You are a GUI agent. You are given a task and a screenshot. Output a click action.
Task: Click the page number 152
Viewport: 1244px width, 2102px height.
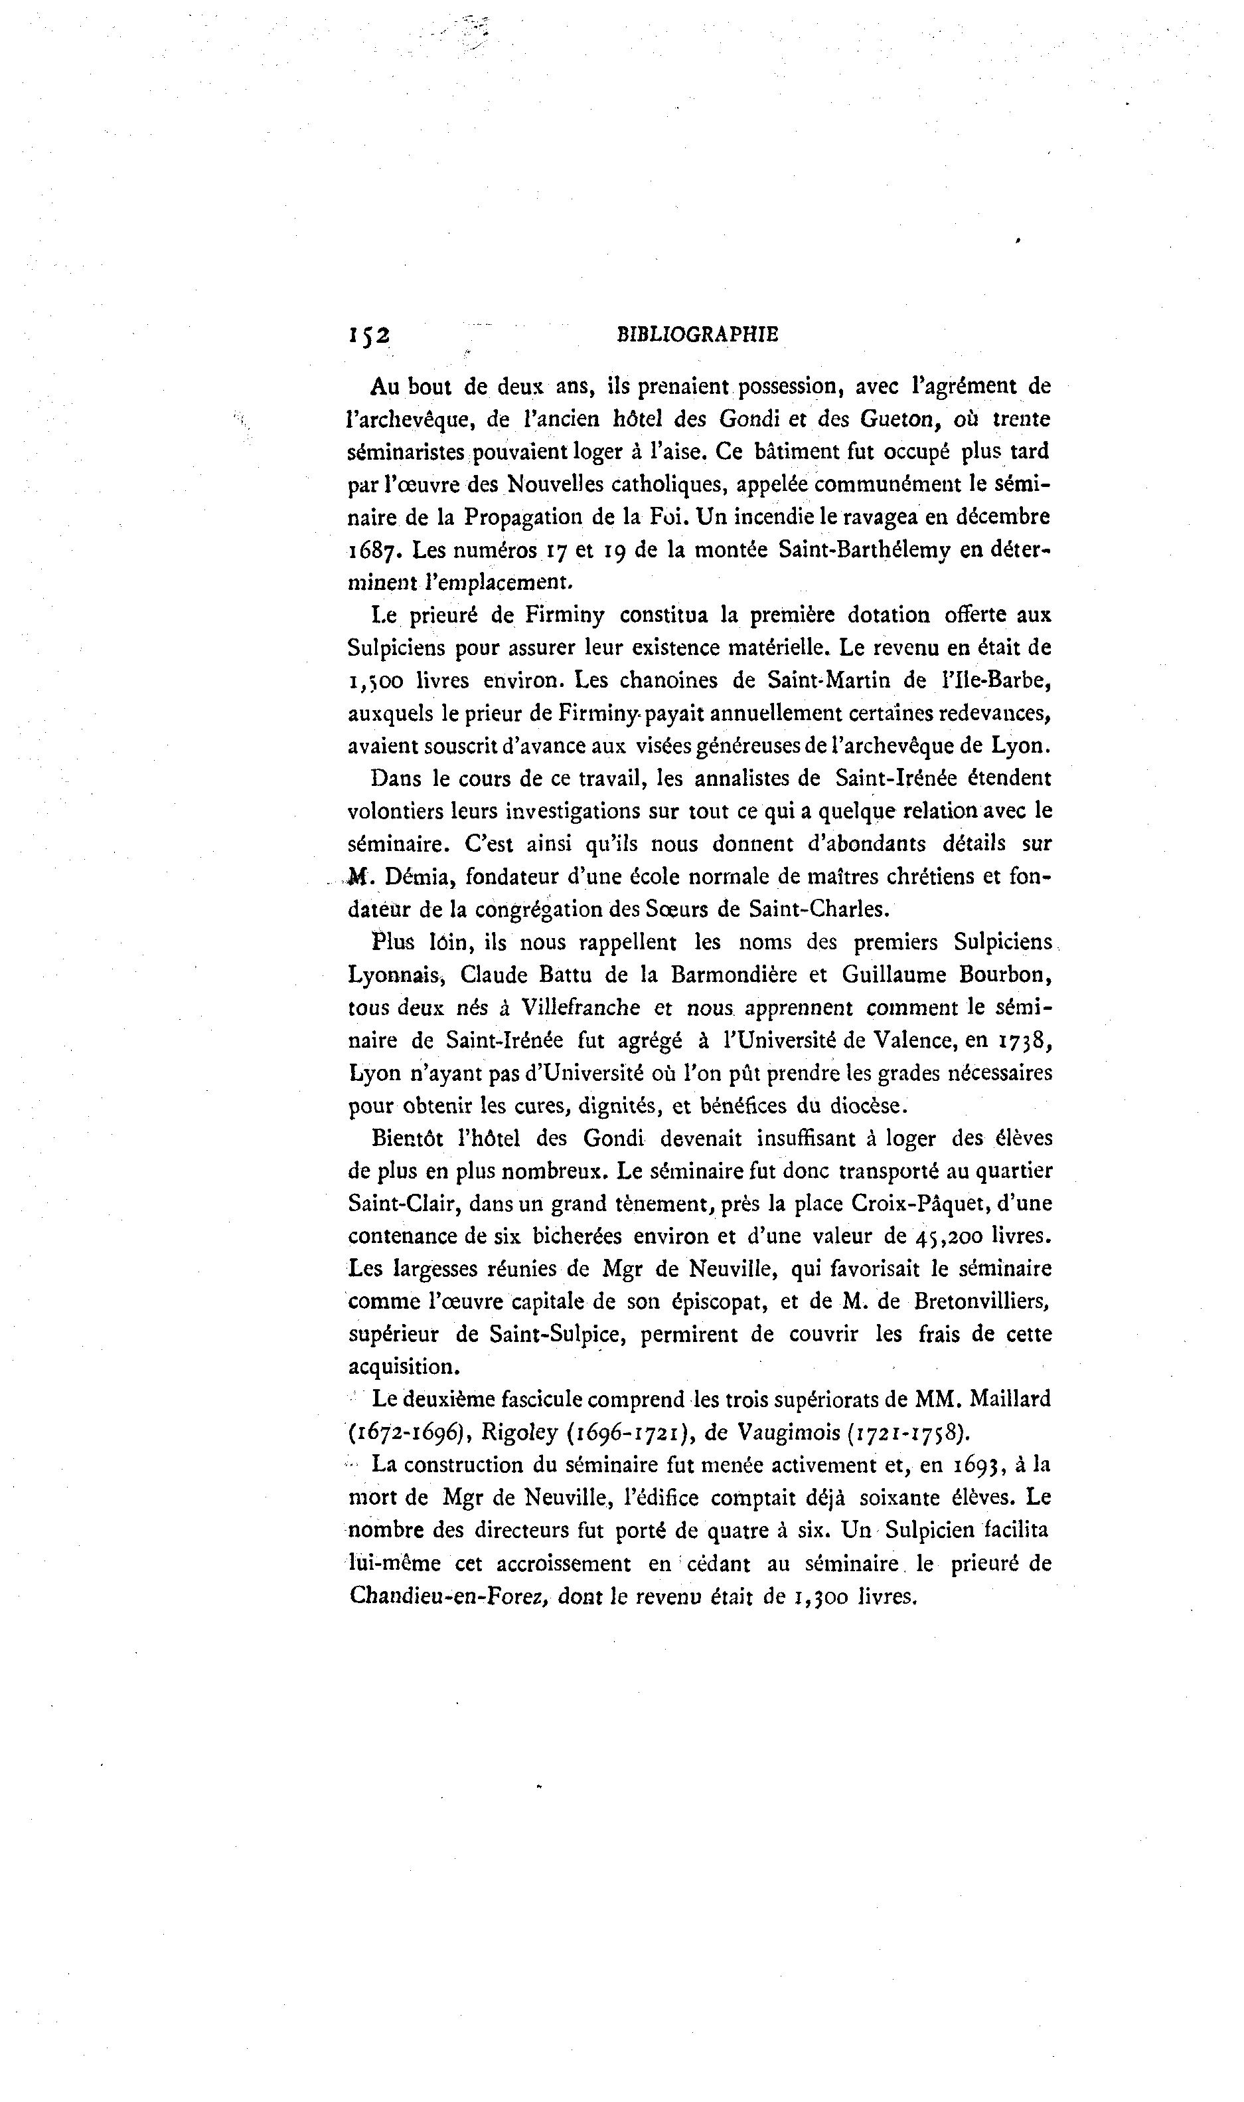[369, 335]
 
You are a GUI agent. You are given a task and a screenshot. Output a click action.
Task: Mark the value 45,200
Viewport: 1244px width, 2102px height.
[945, 1236]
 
